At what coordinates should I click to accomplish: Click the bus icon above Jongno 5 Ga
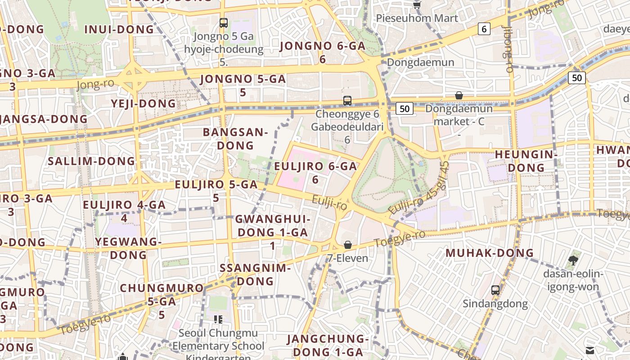(224, 22)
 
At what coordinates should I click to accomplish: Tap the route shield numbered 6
(484, 29)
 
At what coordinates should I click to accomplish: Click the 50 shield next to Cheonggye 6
(405, 108)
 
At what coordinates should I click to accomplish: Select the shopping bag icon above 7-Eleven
(348, 245)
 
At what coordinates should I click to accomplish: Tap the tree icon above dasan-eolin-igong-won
(573, 260)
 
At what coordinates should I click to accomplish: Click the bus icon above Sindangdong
(495, 290)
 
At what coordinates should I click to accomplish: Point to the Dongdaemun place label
(420, 62)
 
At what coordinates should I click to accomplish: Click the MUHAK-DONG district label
(490, 253)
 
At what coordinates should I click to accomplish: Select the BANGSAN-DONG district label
(235, 139)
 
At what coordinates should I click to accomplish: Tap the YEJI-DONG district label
(144, 103)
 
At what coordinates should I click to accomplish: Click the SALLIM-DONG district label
(91, 161)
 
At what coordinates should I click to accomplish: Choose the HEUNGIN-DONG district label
(526, 161)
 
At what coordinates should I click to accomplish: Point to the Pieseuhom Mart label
(417, 18)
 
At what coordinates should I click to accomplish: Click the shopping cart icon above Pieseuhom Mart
(417, 5)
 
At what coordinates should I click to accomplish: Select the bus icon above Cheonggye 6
(347, 100)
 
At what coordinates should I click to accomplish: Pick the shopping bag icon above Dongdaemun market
(459, 95)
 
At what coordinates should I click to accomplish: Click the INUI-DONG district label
(119, 30)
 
